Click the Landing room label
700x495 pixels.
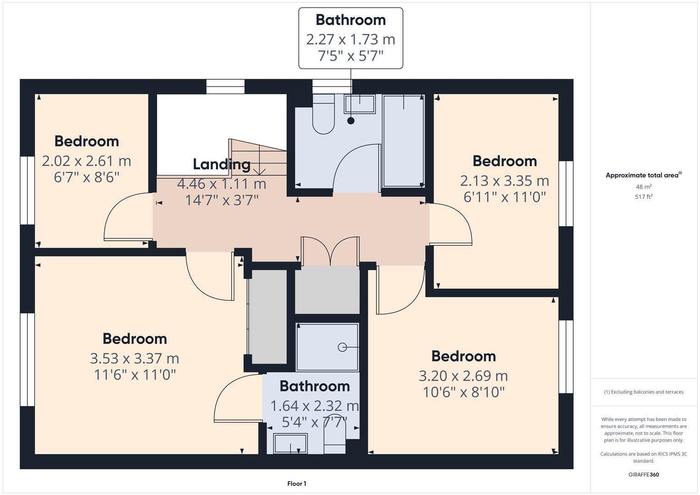[x=221, y=164]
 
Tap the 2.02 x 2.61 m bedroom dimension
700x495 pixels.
[x=86, y=161]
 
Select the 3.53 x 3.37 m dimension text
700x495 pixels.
[x=134, y=358]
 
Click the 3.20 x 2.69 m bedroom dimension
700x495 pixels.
[x=463, y=376]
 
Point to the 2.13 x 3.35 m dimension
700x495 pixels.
[x=504, y=181]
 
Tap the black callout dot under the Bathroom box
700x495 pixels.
[x=351, y=121]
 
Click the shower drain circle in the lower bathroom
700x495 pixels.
[x=342, y=347]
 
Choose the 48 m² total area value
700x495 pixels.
[x=643, y=187]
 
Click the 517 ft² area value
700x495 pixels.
[x=643, y=197]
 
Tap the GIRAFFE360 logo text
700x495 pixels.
[x=643, y=474]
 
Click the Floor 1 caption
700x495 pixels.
[x=297, y=484]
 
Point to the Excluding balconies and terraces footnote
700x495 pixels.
[x=643, y=392]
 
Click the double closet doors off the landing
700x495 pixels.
[x=330, y=251]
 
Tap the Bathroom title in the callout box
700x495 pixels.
[x=351, y=20]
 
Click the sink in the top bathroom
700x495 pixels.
[x=359, y=104]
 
